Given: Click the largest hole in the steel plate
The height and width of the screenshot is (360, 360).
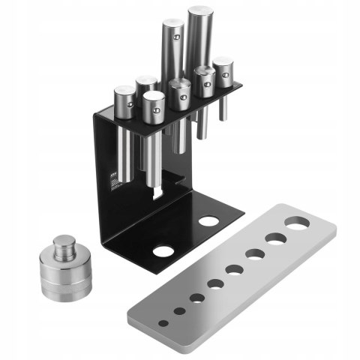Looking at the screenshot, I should point(297,223).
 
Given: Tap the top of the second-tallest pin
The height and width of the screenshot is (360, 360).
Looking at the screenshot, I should point(172,25).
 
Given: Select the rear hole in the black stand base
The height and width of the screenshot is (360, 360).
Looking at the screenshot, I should point(208,222).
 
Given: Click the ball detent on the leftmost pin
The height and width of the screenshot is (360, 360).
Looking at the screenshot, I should point(130,106).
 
